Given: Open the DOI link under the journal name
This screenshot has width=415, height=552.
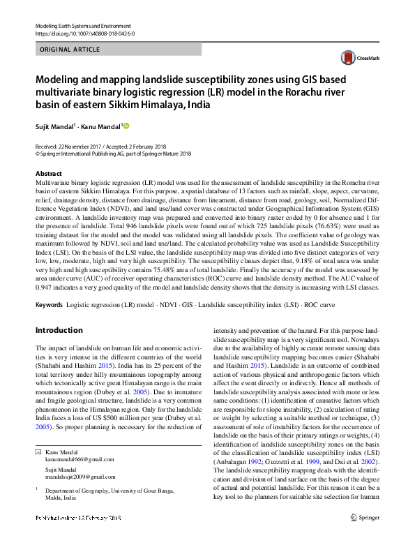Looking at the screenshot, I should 75,33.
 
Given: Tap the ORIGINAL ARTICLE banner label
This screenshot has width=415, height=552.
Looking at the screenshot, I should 70,50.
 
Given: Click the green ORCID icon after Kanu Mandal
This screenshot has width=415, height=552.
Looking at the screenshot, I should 127,126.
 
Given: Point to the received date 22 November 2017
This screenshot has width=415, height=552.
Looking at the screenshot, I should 78,147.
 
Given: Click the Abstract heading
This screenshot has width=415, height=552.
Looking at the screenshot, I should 48,173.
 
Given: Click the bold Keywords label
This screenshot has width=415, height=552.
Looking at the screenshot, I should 49,306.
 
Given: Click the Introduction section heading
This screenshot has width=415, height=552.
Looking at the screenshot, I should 59,330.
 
